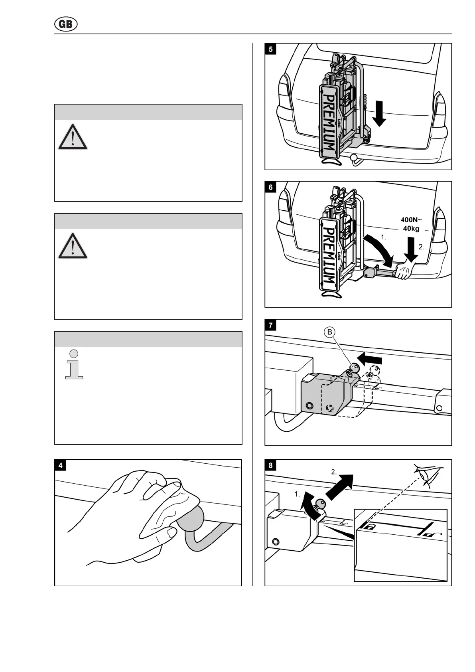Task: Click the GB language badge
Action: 66,25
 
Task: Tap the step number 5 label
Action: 271,49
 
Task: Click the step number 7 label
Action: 271,326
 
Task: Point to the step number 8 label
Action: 271,465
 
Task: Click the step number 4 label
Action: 61,465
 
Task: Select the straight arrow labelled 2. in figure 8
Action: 341,486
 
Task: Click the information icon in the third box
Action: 74,364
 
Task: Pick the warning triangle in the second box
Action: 73,244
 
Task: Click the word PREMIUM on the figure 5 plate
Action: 330,123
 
